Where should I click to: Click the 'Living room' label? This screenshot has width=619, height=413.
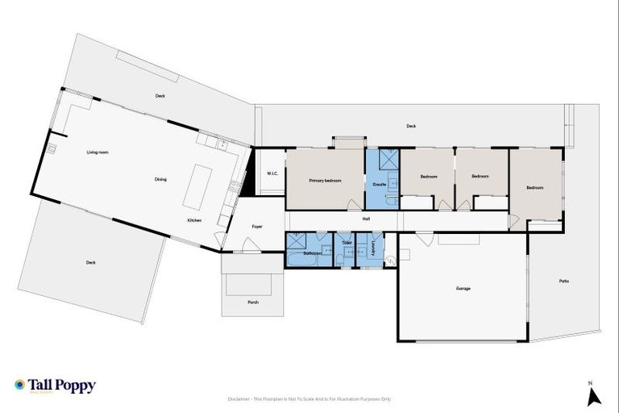98,152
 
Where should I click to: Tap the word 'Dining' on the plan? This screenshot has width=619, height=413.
160,179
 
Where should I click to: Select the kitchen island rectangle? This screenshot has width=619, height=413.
197,186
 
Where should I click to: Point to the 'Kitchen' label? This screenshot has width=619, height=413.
194,220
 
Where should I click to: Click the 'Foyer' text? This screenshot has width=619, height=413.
257,227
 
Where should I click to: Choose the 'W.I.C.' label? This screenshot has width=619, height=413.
272,174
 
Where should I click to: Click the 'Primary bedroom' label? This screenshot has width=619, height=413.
326,181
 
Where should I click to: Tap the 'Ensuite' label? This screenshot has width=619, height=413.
379,185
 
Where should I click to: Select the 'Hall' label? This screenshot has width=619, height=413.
366,218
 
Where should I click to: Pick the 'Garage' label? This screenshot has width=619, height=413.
463,288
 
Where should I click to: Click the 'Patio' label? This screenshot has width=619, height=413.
563,281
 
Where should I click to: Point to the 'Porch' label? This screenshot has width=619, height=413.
253,302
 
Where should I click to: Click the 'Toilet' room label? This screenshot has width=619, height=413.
347,243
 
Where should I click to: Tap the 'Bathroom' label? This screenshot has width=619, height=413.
312,253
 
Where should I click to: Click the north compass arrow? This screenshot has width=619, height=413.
594,396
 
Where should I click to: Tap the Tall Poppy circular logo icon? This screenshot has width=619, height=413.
20,386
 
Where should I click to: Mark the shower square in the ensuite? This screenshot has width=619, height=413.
387,158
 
